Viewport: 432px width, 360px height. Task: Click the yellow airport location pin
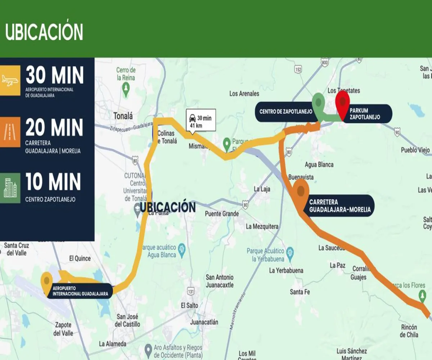point(46,281)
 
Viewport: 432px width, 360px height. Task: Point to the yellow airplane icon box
point(10,80)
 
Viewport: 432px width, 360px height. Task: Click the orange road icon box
point(10,132)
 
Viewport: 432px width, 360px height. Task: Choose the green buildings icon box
point(10,188)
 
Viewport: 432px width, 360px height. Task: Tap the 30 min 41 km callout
point(201,120)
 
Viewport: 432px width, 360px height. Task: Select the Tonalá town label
point(123,116)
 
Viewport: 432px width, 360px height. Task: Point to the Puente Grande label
point(222,214)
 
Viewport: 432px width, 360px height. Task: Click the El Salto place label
point(189,305)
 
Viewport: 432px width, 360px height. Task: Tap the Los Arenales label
point(244,94)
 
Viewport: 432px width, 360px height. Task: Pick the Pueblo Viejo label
point(415,150)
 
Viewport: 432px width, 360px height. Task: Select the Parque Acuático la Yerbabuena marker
point(290,251)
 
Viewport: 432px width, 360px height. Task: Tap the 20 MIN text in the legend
point(54,128)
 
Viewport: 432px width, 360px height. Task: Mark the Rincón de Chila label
point(409,331)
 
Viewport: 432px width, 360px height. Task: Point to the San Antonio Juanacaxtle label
point(220,281)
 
